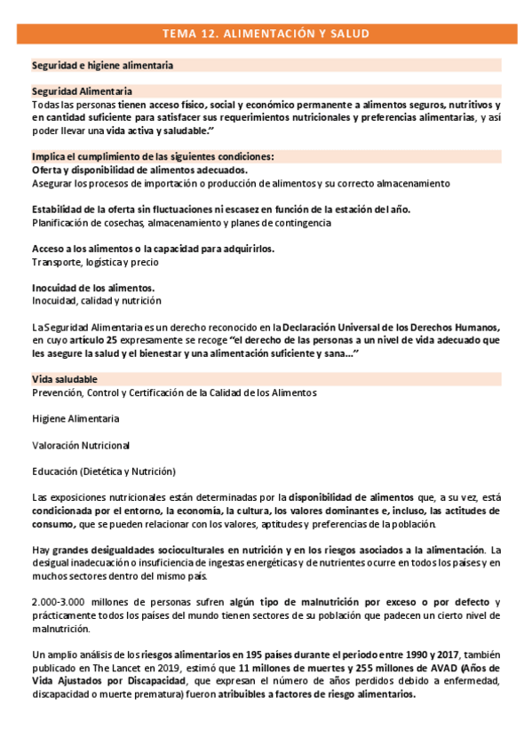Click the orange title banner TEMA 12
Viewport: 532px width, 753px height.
pyautogui.click(x=266, y=34)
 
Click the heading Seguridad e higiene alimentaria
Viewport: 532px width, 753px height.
pyautogui.click(x=102, y=66)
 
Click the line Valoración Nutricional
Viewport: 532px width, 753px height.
pyautogui.click(x=81, y=445)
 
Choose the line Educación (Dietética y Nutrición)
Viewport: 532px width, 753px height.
pyautogui.click(x=104, y=471)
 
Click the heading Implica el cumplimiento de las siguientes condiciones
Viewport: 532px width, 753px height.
pyautogui.click(x=153, y=156)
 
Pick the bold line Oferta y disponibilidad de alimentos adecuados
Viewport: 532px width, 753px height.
pyautogui.click(x=139, y=169)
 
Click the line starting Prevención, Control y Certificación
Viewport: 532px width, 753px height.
pyautogui.click(x=174, y=392)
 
